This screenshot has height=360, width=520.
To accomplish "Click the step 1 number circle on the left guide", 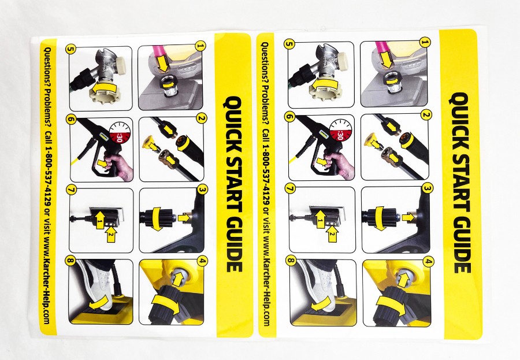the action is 199,46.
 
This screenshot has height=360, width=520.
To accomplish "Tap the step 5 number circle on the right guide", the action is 289,43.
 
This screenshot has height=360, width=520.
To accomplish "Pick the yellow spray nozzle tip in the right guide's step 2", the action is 373,139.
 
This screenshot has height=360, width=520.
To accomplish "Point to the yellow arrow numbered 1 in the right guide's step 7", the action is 320,218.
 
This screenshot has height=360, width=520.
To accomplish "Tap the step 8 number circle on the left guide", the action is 70,261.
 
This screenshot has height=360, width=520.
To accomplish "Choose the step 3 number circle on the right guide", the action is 428,188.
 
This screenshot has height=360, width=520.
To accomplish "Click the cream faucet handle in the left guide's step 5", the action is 121,64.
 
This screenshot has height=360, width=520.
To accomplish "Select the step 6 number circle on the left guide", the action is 71,119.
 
